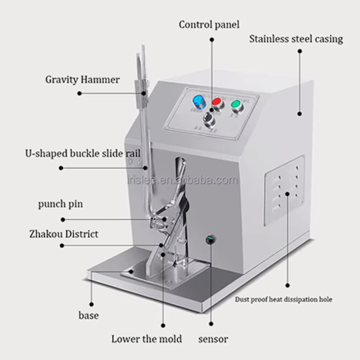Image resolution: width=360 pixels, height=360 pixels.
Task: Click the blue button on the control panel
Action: [199, 103]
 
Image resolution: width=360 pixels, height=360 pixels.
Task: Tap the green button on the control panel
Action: [237, 105]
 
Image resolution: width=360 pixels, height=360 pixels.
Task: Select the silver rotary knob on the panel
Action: [209, 119]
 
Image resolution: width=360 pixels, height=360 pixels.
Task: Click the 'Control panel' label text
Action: [209, 25]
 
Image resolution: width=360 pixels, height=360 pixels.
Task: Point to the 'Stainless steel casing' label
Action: [296, 39]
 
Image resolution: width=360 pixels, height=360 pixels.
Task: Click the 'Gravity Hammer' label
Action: [83, 80]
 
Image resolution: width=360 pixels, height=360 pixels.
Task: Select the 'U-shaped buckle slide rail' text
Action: [83, 153]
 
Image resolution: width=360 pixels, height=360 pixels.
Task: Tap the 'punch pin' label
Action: [61, 204]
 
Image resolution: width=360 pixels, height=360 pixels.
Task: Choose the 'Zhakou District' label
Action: [63, 234]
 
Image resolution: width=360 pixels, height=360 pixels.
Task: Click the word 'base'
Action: [89, 315]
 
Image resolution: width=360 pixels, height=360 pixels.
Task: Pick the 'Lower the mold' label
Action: [147, 339]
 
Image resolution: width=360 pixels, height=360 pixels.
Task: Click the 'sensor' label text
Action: [213, 339]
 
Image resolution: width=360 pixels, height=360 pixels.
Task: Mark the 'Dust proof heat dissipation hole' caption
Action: [283, 299]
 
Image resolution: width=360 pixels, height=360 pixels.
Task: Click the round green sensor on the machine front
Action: [210, 240]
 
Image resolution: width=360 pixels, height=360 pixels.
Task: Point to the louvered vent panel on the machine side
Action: [285, 190]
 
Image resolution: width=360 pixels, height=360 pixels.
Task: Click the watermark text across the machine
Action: [183, 180]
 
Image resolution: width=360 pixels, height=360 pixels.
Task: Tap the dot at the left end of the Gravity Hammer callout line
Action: [79, 93]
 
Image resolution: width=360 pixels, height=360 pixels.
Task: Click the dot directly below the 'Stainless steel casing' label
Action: [299, 51]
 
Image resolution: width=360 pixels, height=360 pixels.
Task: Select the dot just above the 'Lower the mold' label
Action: [163, 325]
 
